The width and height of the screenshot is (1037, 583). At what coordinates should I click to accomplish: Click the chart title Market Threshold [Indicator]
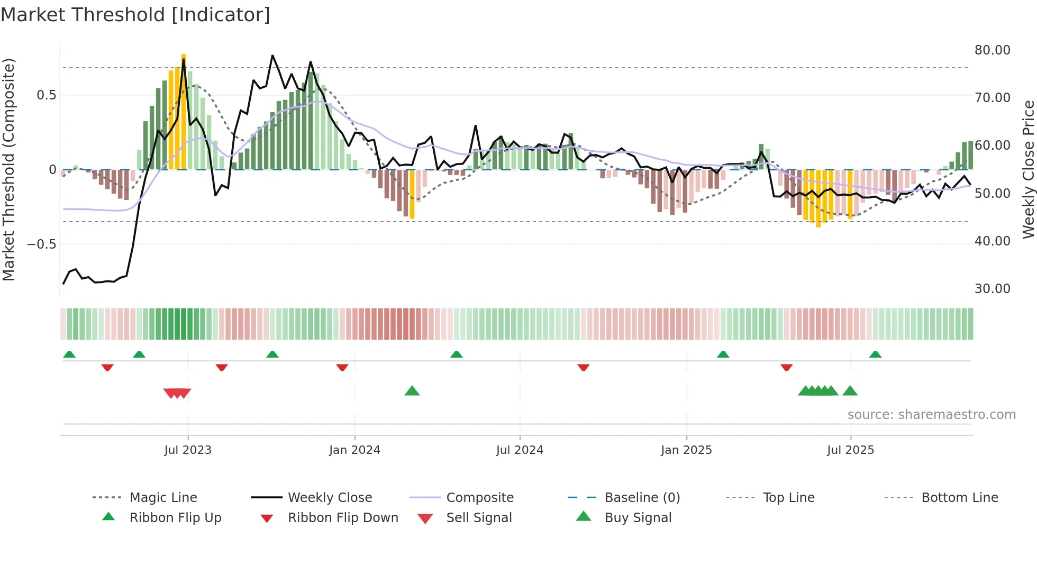point(135,15)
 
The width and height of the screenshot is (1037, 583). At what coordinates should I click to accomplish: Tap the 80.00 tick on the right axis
point(992,50)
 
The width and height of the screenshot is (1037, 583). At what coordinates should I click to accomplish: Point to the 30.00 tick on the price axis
point(992,289)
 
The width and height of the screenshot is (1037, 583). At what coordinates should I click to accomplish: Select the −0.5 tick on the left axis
point(41,244)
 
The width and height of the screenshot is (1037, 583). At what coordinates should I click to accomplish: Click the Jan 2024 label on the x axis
point(354,450)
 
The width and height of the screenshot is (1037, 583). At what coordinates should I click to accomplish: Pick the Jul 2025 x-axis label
point(850,450)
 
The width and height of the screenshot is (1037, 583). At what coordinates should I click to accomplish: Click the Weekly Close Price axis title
point(1028,169)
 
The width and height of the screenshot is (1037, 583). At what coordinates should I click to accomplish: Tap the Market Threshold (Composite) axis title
point(8,169)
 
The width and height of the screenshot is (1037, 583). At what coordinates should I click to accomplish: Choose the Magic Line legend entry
point(163,498)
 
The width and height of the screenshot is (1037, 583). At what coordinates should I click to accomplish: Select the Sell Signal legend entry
point(479,518)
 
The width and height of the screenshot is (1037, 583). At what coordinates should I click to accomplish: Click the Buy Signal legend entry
point(638,518)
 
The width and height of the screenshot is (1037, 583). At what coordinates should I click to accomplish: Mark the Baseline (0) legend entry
point(642,498)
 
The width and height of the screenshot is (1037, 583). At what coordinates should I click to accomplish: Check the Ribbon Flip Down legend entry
point(343,518)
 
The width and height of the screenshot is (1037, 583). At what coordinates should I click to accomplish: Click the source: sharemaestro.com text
point(931,415)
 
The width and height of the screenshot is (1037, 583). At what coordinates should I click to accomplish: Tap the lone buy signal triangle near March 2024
point(412,391)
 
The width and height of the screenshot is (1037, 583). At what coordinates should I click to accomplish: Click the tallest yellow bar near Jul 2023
point(184,111)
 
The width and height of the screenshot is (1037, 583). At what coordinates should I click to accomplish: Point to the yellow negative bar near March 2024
point(412,194)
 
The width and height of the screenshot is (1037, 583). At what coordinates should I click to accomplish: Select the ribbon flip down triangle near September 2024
point(584,367)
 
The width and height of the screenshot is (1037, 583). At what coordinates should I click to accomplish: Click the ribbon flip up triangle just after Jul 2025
point(875,354)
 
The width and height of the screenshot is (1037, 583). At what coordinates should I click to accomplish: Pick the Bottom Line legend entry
point(959,498)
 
